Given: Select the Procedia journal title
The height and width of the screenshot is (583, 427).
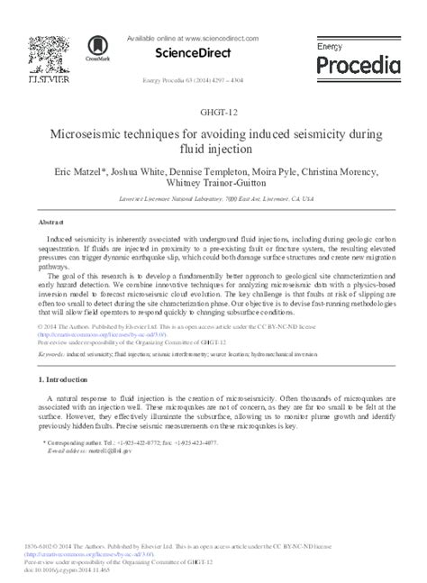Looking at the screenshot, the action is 359,65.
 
